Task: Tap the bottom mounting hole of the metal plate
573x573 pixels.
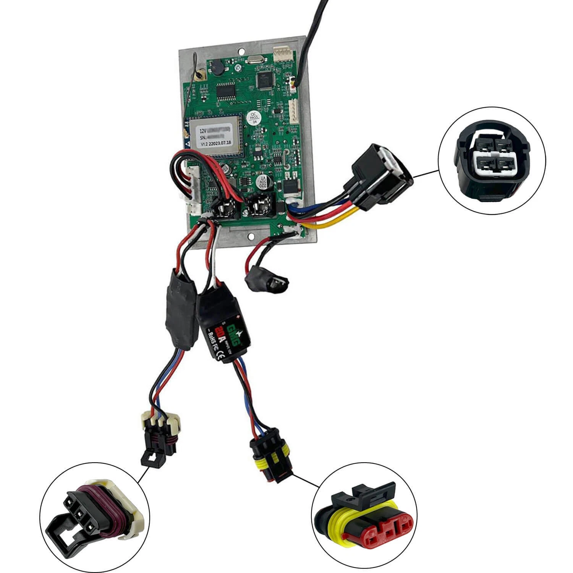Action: click(252, 236)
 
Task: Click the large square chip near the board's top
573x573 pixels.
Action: click(263, 79)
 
